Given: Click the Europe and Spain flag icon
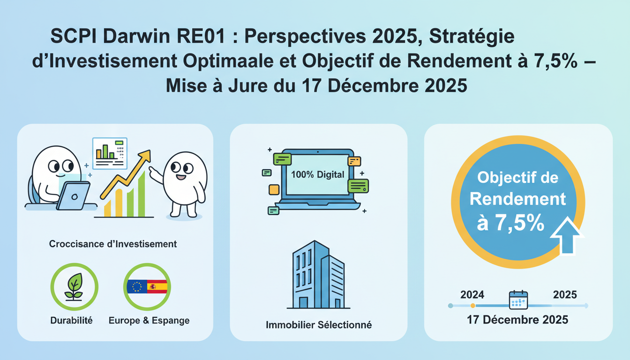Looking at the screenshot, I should point(147,287).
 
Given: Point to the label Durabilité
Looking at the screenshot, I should point(71,321).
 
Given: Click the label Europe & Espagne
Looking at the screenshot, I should point(149,321).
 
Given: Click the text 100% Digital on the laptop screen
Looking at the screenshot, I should point(317,175).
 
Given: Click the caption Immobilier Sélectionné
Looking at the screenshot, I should point(319,324).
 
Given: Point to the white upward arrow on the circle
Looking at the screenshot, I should point(566,235).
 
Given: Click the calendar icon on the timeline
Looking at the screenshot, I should point(518,300).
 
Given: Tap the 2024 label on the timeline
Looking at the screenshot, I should point(472,295).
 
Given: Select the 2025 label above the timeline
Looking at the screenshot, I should point(565,295).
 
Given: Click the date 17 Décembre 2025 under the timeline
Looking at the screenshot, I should point(517,320).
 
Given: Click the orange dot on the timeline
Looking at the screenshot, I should point(472,306).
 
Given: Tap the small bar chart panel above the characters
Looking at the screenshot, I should point(110,153).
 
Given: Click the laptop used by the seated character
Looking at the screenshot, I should point(74,195).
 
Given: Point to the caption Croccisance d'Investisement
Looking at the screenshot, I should point(113,244).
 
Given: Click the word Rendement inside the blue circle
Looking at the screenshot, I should point(517,199).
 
